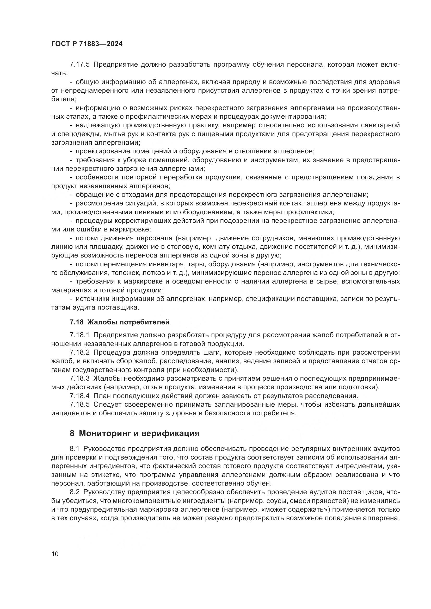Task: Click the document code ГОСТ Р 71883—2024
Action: [87, 44]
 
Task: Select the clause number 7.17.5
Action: [80, 65]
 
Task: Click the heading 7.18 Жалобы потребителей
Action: [119, 322]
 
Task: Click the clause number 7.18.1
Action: [80, 335]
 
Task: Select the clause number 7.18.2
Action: [80, 353]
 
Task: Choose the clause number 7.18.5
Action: [80, 405]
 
